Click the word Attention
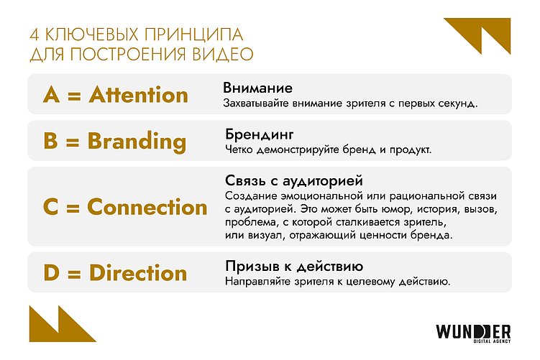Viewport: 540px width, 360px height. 139,95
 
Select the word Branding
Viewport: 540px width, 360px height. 137,141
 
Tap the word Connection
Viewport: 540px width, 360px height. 147,207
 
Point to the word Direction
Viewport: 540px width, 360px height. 138,273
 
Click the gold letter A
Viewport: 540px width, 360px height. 51,95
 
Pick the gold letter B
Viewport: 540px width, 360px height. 50,141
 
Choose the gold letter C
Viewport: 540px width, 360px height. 50,207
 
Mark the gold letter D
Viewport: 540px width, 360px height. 51,273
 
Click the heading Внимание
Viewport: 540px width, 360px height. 257,88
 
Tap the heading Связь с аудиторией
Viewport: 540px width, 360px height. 293,181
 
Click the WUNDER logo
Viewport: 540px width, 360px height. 473,332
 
